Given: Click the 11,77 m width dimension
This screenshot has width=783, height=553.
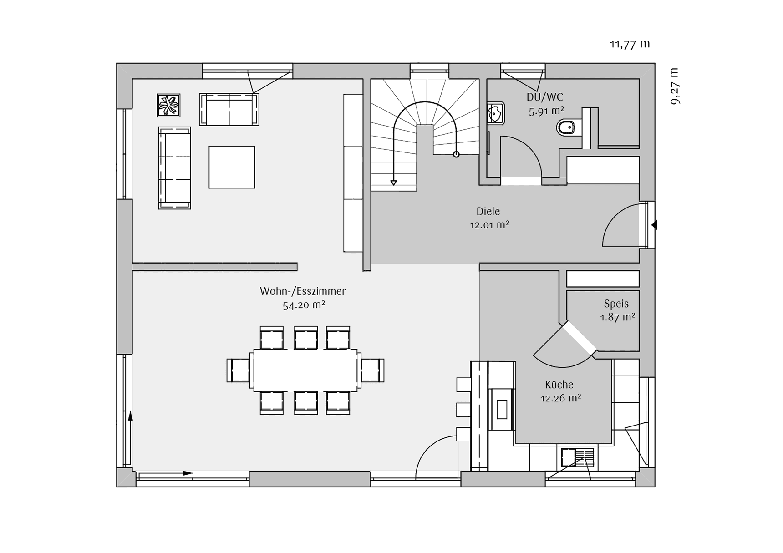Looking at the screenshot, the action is click(630, 44).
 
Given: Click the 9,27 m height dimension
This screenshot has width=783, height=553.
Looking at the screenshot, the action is click(675, 86).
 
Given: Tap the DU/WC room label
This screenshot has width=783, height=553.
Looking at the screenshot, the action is click(545, 97).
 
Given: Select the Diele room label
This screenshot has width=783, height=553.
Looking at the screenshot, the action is click(488, 211).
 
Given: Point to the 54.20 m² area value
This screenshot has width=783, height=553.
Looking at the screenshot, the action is click(304, 305).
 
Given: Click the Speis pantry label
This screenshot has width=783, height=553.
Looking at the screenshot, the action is click(616, 304).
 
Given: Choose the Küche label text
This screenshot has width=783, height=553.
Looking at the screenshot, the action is click(559, 385).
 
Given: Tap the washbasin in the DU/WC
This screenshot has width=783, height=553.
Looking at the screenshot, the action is click(495, 113).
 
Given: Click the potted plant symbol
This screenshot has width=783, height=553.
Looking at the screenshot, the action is click(168, 106).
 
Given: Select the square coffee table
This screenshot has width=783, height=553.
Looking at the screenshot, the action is click(232, 167).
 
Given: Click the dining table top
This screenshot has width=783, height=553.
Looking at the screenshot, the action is click(305, 370).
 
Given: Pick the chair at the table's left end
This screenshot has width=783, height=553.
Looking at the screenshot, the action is click(239, 370).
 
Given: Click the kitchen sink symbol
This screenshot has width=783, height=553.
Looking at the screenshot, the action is click(577, 457).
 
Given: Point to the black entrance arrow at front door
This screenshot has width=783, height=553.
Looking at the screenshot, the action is click(654, 225).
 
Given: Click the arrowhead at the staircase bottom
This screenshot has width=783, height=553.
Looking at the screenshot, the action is click(394, 183).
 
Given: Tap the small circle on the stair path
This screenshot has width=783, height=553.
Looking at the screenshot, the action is click(456, 154).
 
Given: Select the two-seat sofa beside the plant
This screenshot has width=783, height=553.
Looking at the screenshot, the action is click(229, 109).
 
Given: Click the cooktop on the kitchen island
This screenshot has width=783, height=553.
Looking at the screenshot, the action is click(502, 409).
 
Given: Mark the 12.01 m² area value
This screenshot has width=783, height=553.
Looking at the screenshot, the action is click(489, 225).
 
